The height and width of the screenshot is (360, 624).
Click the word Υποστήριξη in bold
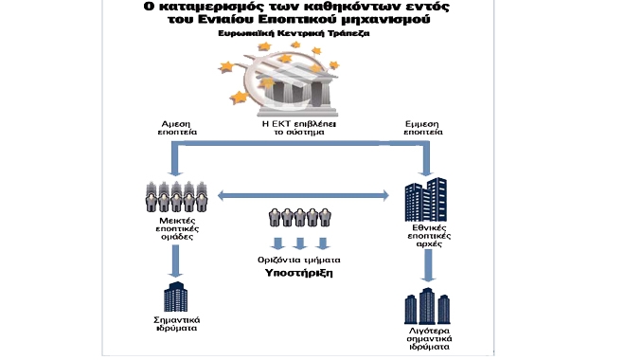[299, 273]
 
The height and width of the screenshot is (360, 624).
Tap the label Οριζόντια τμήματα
[299, 260]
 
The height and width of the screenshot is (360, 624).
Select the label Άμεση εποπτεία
[177, 128]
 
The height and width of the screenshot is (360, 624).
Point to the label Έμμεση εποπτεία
[423, 128]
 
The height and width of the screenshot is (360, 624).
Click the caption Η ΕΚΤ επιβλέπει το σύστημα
[299, 128]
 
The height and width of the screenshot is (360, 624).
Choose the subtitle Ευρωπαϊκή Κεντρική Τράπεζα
[294, 33]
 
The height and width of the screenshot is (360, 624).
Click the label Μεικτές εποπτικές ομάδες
[177, 228]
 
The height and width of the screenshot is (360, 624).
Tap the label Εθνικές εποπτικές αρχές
[429, 236]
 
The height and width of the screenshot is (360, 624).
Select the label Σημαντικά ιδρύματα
[177, 324]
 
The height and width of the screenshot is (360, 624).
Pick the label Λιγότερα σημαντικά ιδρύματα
[429, 339]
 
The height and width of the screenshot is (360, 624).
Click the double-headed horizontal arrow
[303, 195]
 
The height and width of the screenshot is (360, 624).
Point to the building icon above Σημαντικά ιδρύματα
[175, 297]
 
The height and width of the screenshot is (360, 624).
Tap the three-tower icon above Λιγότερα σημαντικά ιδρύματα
[427, 306]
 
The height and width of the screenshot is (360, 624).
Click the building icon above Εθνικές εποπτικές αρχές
[425, 200]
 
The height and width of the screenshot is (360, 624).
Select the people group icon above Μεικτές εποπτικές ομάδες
[177, 196]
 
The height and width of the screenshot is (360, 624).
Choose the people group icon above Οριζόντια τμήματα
[299, 217]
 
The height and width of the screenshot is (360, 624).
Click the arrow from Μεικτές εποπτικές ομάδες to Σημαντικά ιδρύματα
[175, 261]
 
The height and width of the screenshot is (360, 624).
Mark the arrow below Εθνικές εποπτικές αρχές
[428, 265]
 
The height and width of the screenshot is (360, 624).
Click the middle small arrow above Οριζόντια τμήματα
[300, 243]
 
